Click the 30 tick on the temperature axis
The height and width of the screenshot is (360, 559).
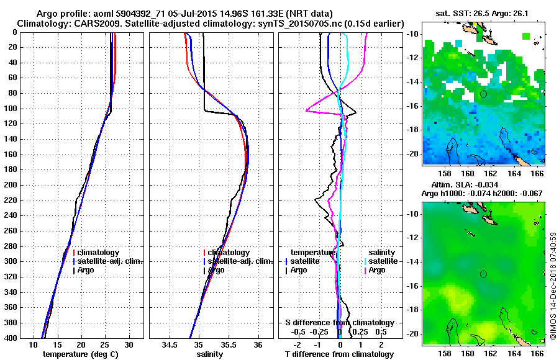129,344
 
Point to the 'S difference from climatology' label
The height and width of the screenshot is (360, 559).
340,323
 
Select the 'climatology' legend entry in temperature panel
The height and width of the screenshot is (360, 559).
102,253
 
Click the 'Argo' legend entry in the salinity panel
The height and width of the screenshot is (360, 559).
216,270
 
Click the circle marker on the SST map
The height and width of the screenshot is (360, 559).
483,94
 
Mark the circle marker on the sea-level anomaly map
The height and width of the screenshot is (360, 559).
483,274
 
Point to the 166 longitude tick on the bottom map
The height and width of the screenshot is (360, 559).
538,353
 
